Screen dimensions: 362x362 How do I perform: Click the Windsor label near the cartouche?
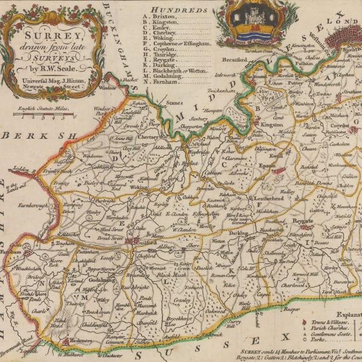107,87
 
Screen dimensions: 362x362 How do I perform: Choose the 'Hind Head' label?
60,323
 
